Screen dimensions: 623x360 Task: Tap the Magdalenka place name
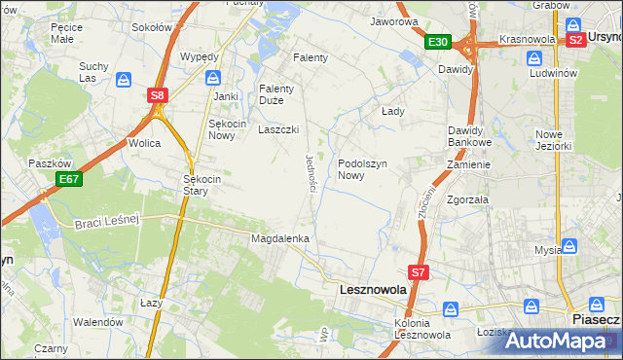[280, 238]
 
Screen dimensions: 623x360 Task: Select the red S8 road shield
[158, 95]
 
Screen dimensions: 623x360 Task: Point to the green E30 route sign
[437, 42]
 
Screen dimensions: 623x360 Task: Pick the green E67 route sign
[68, 179]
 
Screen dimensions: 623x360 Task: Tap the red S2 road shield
[575, 40]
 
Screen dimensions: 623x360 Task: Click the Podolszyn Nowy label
[364, 169]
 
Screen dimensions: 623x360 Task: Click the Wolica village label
[144, 143]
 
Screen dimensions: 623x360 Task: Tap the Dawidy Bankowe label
[471, 136]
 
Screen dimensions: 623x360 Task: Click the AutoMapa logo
[556, 341]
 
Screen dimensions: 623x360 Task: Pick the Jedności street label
[311, 172]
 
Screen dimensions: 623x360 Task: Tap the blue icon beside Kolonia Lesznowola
[451, 308]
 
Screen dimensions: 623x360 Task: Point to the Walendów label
[98, 322]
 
